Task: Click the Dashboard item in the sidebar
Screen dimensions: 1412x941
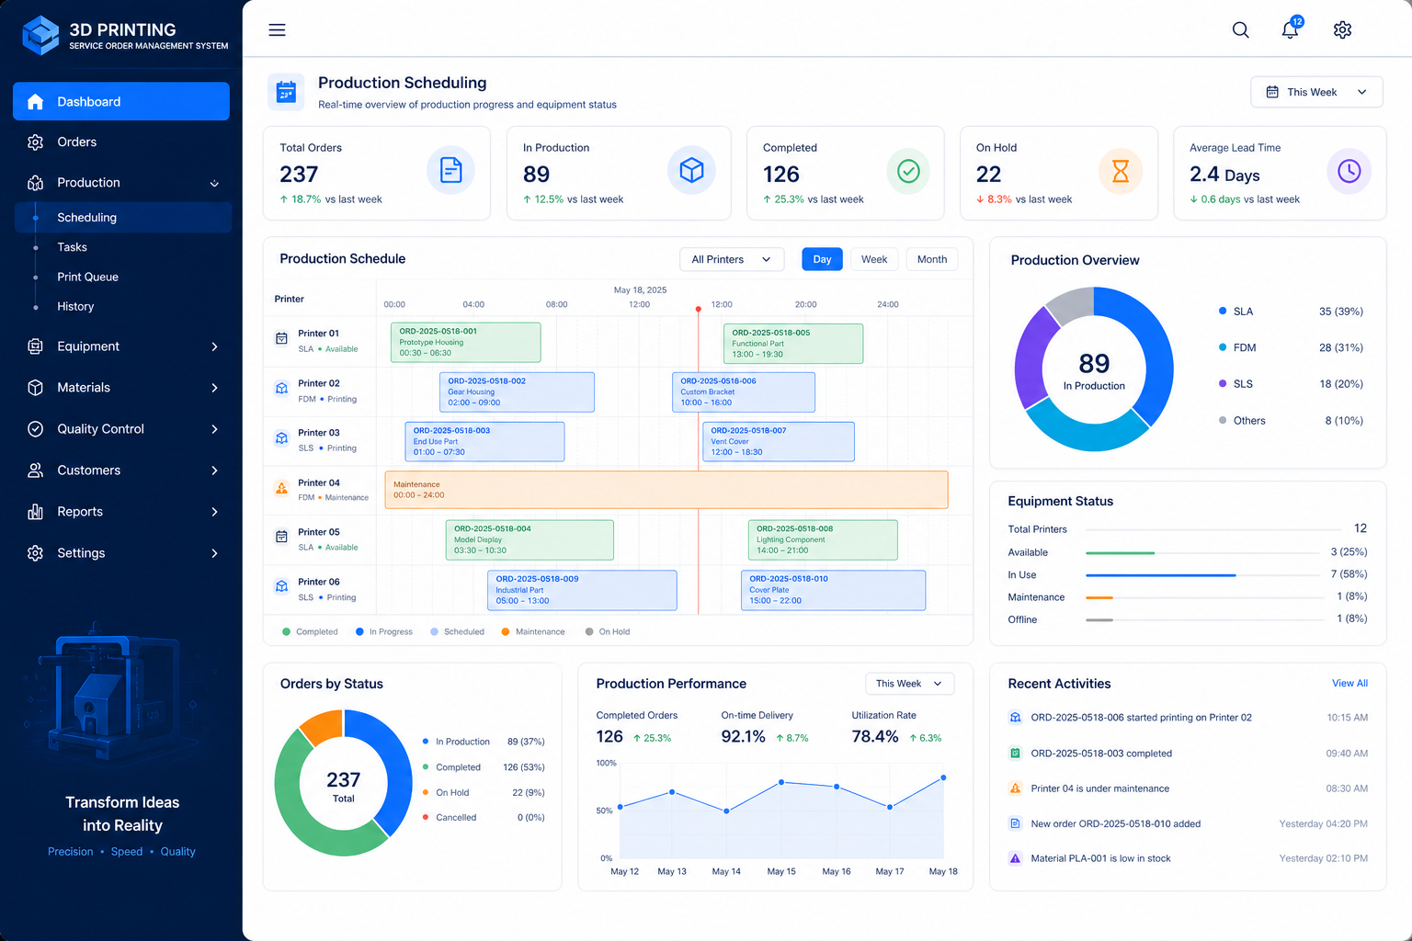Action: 121,101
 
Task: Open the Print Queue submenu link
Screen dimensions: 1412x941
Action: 87,277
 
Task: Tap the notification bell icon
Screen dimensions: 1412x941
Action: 1291,29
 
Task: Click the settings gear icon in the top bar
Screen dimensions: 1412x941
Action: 1342,29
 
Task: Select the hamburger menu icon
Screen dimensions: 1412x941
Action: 277,29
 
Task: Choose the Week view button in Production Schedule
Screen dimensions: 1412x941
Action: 873,259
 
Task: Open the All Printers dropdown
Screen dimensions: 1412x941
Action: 731,259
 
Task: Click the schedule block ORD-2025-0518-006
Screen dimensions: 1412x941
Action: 743,392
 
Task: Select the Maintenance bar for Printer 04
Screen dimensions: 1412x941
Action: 666,490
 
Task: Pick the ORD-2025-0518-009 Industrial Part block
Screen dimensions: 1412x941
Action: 582,590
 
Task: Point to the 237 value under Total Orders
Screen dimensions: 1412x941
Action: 299,174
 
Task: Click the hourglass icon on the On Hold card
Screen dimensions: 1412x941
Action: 1121,171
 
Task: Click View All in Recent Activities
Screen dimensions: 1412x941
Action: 1349,683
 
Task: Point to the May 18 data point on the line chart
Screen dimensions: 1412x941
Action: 944,777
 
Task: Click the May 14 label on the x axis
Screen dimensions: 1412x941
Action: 726,871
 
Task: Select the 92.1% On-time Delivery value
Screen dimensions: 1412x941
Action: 743,737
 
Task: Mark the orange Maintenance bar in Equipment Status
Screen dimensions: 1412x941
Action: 1099,597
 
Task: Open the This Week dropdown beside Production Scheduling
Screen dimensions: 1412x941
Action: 1316,92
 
